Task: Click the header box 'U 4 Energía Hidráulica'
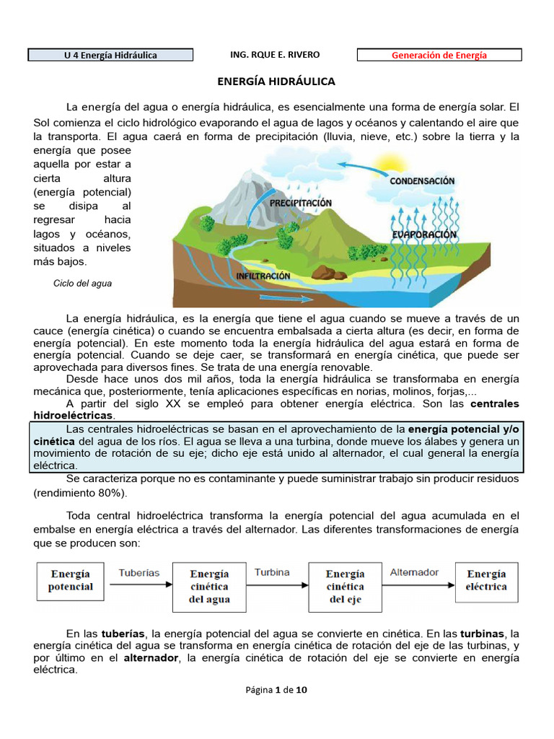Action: point(110,55)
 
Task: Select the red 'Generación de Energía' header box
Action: point(439,55)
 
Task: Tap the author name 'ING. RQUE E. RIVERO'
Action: point(274,55)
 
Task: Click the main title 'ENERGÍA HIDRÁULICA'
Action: point(276,82)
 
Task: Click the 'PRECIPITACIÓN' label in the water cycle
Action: point(301,204)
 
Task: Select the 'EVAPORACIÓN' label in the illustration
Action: point(424,235)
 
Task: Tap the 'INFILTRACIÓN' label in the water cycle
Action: point(263,276)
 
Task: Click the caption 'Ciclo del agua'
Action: point(82,284)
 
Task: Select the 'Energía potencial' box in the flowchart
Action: point(71,580)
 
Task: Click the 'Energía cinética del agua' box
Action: point(209,586)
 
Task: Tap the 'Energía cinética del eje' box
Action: point(345,586)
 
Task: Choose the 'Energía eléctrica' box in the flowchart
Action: point(486,580)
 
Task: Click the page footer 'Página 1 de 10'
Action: point(276,690)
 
